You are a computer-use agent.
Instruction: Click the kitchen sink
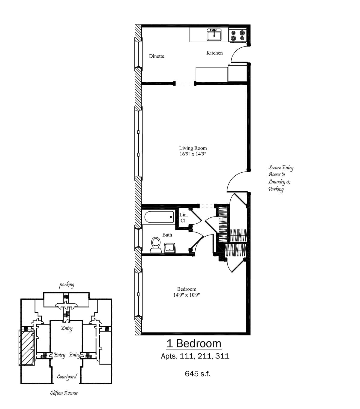point(214,35)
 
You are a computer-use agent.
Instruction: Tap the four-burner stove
point(238,35)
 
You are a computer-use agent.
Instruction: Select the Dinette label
point(157,56)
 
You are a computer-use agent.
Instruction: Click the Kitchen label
point(214,53)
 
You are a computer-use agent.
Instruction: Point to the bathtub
point(159,217)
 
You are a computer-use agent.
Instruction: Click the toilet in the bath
point(156,245)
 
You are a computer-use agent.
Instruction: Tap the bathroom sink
point(169,248)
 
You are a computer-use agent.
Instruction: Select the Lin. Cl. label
point(184,218)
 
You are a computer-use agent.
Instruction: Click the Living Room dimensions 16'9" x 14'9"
point(193,154)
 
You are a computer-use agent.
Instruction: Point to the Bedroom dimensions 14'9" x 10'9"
point(187,295)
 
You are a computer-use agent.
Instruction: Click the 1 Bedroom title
point(194,344)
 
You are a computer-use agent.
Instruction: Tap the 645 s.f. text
point(198,374)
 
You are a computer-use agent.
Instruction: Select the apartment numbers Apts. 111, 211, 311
point(195,356)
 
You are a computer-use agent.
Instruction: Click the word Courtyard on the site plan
point(67,377)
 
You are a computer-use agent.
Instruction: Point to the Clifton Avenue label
point(64,393)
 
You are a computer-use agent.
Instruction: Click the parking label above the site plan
point(67,285)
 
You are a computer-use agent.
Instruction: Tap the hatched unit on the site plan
point(26,348)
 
